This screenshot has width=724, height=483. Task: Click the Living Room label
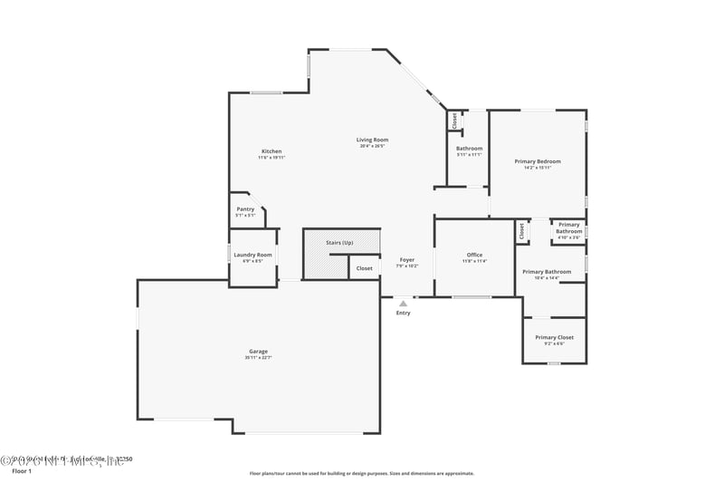click(372, 140)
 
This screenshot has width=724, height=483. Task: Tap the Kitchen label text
click(271, 151)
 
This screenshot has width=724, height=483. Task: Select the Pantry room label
click(245, 209)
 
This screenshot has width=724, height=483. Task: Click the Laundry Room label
click(252, 255)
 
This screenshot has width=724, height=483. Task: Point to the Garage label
click(258, 352)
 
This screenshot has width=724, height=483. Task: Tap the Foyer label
click(407, 260)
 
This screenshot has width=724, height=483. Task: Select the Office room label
click(474, 255)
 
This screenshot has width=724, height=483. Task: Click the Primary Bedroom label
click(538, 161)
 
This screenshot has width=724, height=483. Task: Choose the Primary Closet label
click(554, 337)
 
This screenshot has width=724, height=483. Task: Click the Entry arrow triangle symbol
click(403, 304)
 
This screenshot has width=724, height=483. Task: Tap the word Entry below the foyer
click(403, 314)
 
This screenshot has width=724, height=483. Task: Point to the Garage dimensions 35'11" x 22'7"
click(258, 358)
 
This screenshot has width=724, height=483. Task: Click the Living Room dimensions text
click(372, 146)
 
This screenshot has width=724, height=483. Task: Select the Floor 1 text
click(21, 471)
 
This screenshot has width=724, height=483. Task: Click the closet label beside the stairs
click(364, 268)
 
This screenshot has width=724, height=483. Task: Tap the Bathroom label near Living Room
click(469, 149)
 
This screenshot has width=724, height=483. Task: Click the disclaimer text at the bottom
click(361, 473)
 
